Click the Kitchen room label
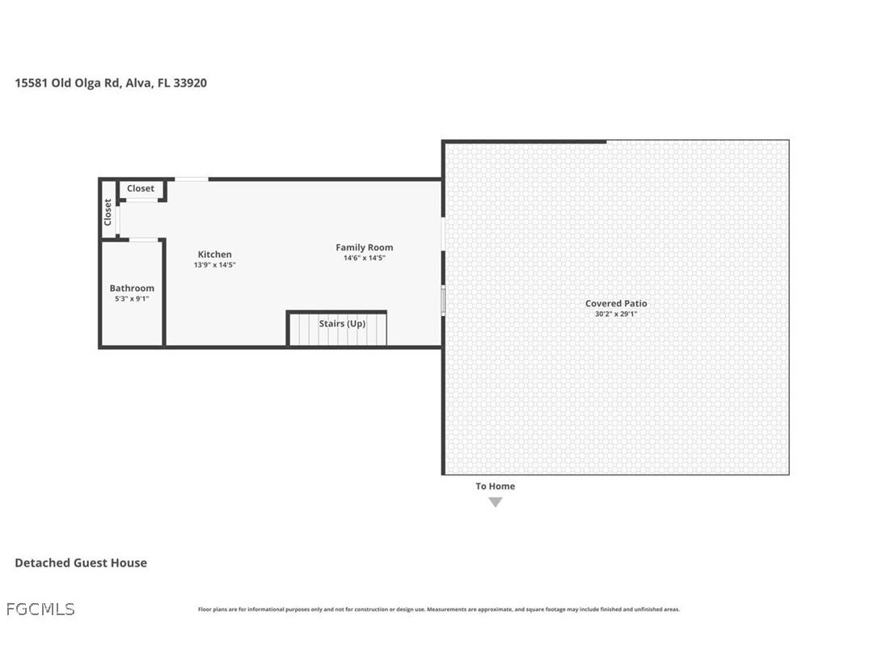[x=214, y=255]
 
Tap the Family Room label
[x=365, y=247]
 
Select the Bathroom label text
[x=132, y=288]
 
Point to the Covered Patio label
[x=616, y=303]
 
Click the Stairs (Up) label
[x=342, y=323]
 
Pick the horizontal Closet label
[x=141, y=188]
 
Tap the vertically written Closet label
[x=108, y=213]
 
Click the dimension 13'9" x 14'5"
[x=214, y=265]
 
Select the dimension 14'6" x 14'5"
[x=365, y=259]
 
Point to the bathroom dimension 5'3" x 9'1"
[x=132, y=298]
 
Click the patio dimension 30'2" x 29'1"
[x=616, y=314]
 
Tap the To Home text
[x=495, y=486]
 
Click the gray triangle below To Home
[x=496, y=502]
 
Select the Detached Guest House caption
[x=81, y=563]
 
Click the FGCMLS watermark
[x=40, y=609]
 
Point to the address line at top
[x=111, y=82]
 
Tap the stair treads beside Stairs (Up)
[x=303, y=331]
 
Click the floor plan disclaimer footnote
[x=439, y=609]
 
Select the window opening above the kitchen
[x=191, y=179]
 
